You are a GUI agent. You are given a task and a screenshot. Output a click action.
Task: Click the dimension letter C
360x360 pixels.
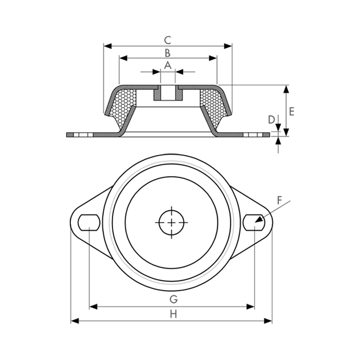click(x=168, y=40)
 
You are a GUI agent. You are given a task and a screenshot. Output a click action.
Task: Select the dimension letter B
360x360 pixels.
click(x=168, y=53)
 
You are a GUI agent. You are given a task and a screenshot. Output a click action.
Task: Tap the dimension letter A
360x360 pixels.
click(x=168, y=65)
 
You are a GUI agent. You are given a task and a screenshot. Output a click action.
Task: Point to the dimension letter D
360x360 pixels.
click(x=271, y=120)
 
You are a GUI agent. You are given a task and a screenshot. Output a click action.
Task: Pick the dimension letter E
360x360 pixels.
click(x=291, y=111)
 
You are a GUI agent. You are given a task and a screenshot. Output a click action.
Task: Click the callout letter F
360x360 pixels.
click(x=279, y=200)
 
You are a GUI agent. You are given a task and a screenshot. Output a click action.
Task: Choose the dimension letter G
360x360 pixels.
click(x=173, y=299)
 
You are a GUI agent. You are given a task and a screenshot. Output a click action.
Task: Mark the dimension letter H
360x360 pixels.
click(x=173, y=314)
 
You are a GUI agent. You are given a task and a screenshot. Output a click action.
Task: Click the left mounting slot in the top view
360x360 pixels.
click(x=89, y=223)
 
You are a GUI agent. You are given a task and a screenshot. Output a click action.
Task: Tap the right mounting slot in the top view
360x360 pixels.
click(x=254, y=223)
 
